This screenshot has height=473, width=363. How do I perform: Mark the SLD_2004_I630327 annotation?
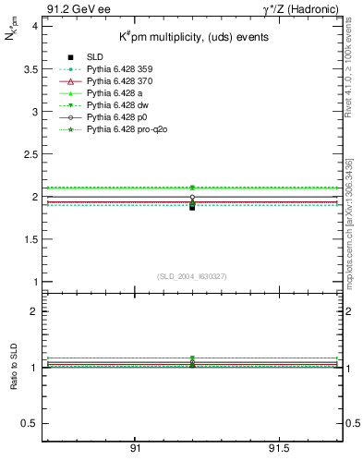point(191,276)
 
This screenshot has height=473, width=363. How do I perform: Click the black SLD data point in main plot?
point(192,207)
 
